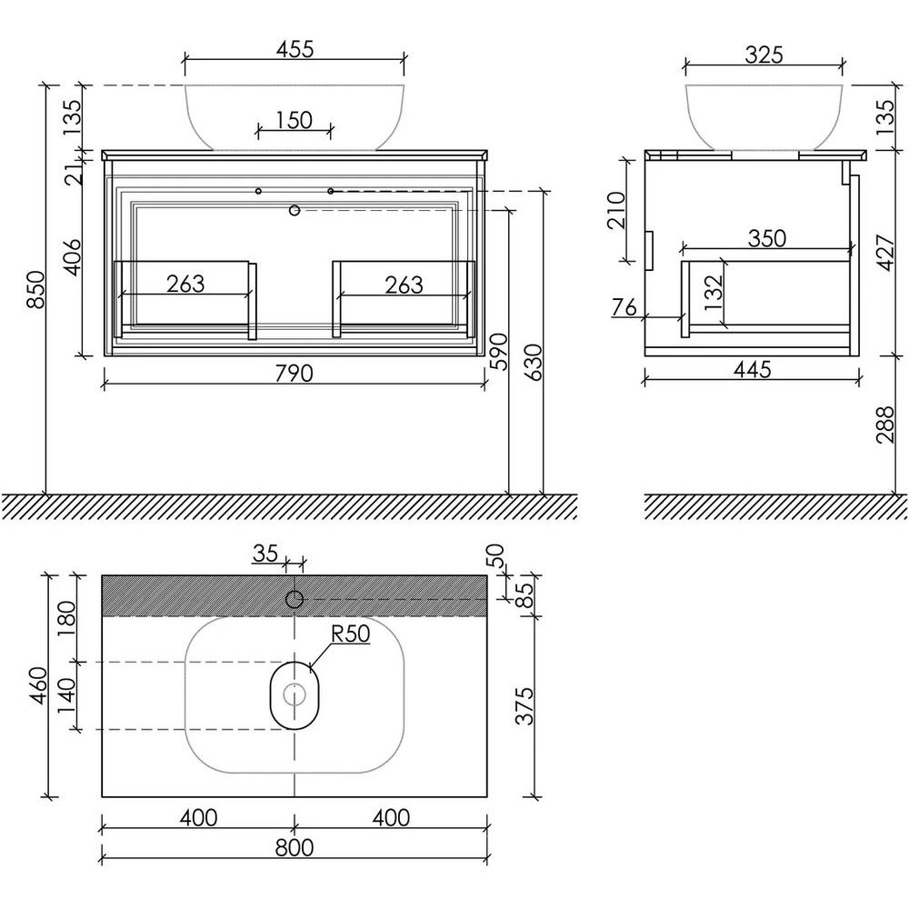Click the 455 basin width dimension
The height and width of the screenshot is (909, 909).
click(295, 49)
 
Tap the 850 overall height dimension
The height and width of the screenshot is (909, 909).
click(36, 289)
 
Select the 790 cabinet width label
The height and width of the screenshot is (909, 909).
click(294, 374)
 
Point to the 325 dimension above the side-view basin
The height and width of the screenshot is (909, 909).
click(764, 55)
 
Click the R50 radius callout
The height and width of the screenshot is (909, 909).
click(351, 634)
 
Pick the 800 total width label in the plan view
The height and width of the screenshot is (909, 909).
click(294, 847)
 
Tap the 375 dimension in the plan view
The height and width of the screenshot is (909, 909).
click(524, 706)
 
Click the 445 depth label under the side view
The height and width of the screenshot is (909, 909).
click(752, 369)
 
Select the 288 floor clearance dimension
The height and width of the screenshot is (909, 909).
click(885, 425)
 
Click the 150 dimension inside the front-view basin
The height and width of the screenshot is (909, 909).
click(294, 120)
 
